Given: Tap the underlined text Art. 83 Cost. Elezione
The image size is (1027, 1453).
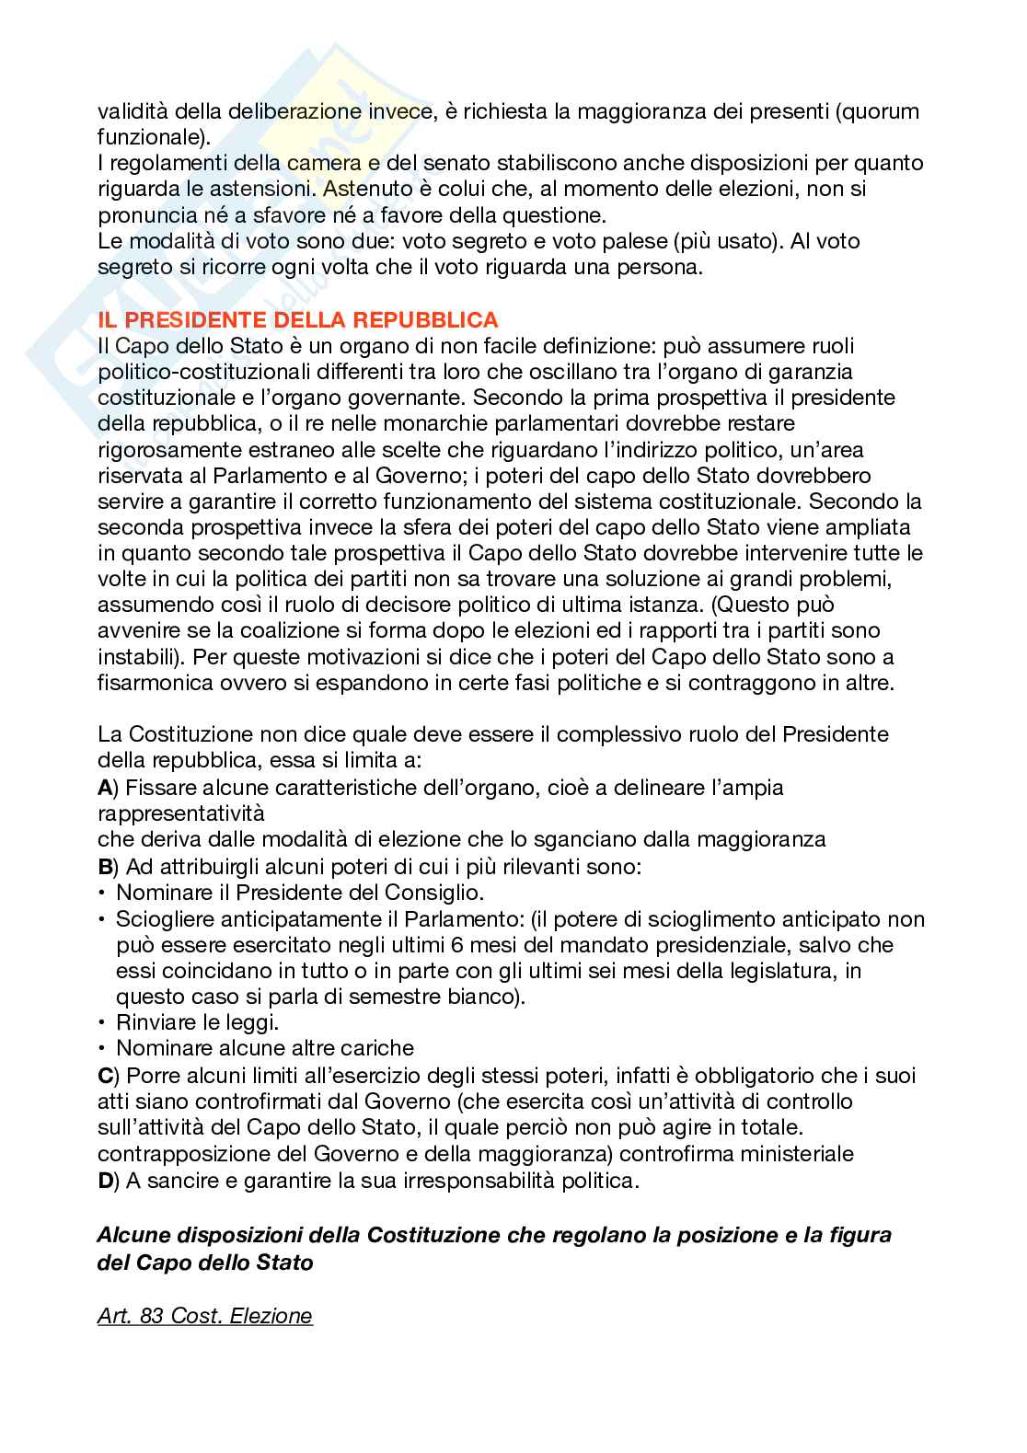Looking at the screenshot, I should point(204,1316).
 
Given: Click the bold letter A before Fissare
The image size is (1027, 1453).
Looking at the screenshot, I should point(104,788).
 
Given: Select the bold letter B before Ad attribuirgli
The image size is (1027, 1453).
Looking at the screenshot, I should point(104,867).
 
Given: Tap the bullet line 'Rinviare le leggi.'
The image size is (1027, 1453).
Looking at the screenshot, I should point(197,1022).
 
